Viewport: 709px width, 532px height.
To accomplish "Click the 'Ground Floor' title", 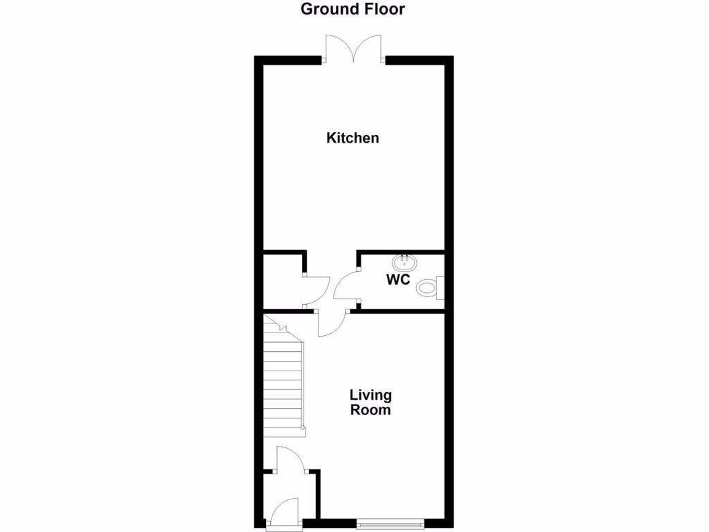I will tap(353, 9).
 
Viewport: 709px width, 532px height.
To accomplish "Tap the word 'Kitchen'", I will tap(352, 138).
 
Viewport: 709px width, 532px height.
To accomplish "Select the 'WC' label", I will tap(398, 280).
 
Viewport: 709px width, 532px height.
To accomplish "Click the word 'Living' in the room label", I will tap(370, 395).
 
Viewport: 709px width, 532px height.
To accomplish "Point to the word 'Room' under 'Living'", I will tap(370, 410).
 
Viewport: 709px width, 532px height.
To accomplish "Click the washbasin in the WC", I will tap(403, 263).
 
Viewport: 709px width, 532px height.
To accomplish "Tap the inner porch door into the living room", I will tap(287, 459).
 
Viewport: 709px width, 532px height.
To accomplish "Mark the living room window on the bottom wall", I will tap(391, 524).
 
